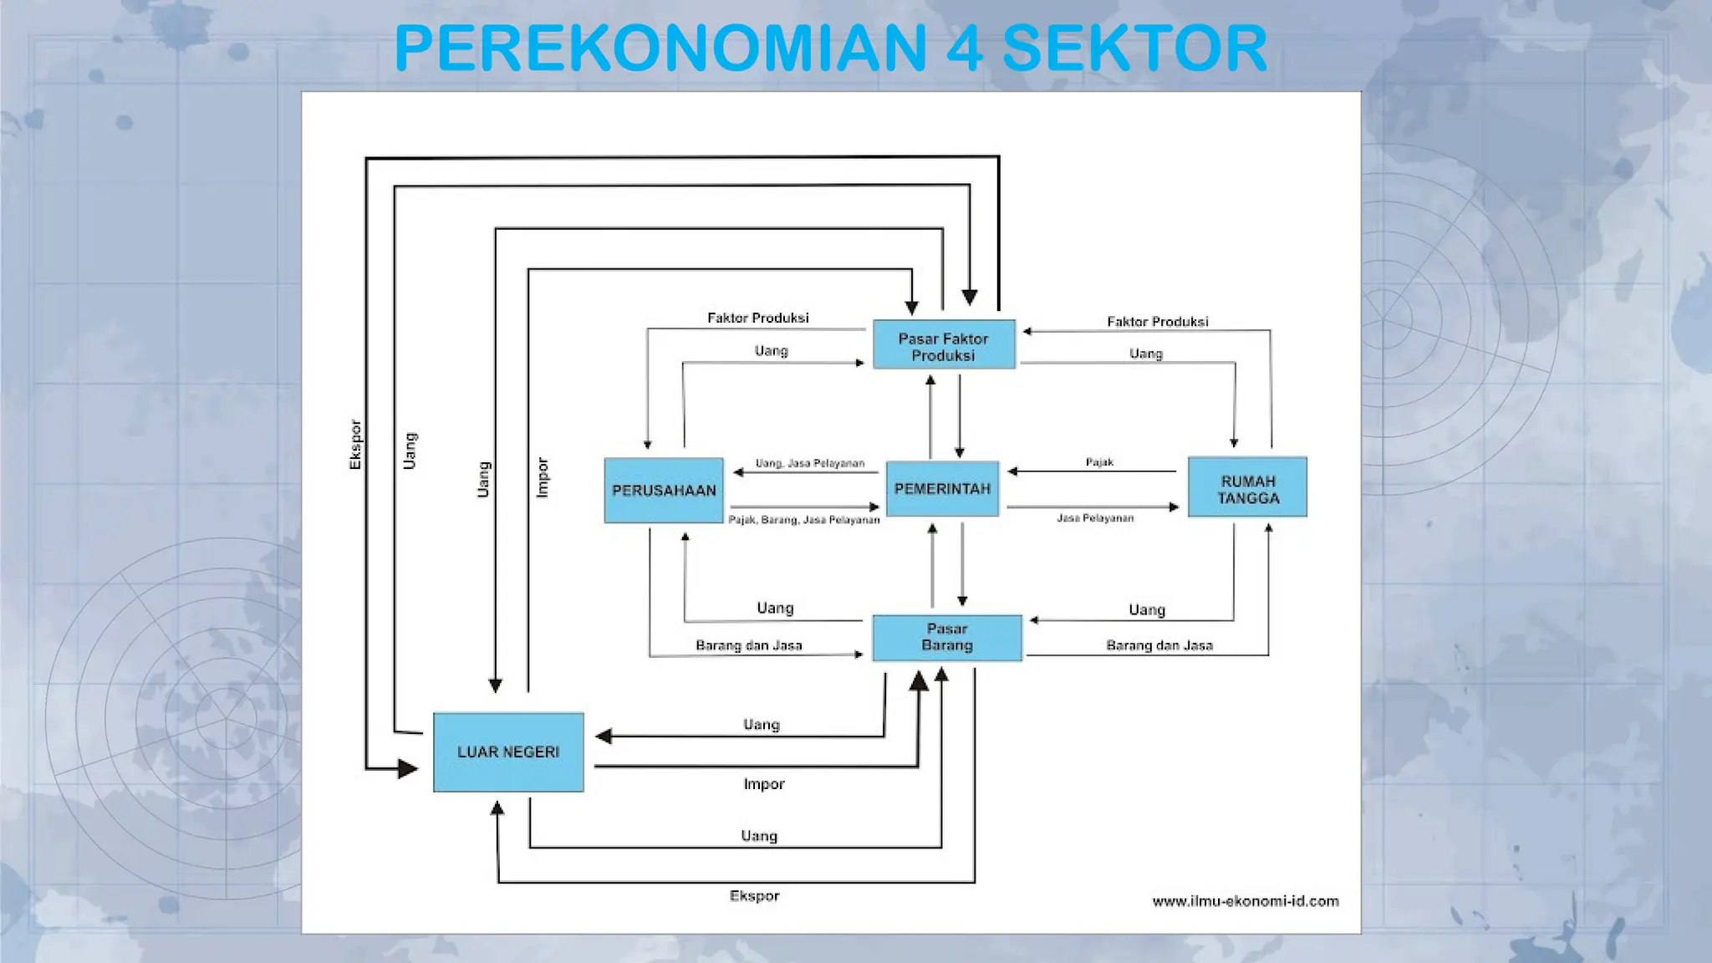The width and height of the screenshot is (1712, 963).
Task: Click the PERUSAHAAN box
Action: pyautogui.click(x=664, y=491)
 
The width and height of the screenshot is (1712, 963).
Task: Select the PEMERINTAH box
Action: pyautogui.click(x=942, y=489)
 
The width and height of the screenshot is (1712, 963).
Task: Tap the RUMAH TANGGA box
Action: pyautogui.click(x=1247, y=489)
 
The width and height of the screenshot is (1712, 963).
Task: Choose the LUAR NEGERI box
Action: pyautogui.click(x=508, y=752)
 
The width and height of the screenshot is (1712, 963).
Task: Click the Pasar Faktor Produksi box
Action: pyautogui.click(x=944, y=346)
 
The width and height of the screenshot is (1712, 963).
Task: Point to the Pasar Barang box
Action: pyautogui.click(x=947, y=637)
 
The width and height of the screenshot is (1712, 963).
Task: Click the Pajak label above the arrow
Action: pyautogui.click(x=1099, y=462)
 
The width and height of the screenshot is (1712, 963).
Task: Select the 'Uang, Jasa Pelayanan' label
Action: pyautogui.click(x=810, y=463)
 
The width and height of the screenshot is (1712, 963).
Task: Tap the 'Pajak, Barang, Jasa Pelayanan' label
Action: pyautogui.click(x=804, y=520)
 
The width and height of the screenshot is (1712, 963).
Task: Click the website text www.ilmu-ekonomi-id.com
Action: pyautogui.click(x=1246, y=901)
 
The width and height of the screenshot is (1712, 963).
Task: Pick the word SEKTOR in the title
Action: pyautogui.click(x=1134, y=48)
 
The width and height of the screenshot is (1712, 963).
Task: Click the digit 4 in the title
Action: pyautogui.click(x=965, y=48)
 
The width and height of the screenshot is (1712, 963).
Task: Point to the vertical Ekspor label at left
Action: pyautogui.click(x=355, y=444)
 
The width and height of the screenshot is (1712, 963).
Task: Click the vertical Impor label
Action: pyautogui.click(x=543, y=477)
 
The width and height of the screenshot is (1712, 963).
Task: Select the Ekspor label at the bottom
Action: pyautogui.click(x=754, y=896)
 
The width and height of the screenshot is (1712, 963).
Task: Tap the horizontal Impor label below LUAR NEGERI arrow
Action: pyautogui.click(x=764, y=784)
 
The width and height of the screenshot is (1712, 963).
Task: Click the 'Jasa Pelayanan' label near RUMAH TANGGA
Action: pyautogui.click(x=1095, y=518)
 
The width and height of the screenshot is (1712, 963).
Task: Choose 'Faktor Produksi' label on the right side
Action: pyautogui.click(x=1158, y=322)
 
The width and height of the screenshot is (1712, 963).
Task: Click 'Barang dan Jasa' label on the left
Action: pyautogui.click(x=749, y=645)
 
